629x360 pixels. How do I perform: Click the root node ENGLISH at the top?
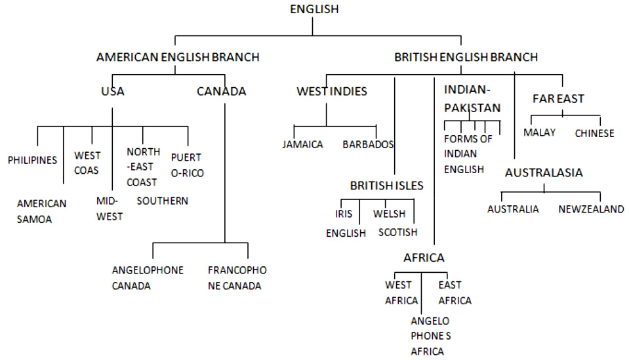click(314, 9)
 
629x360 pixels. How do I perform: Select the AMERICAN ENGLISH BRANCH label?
click(178, 57)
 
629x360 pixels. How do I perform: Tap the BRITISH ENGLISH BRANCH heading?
click(466, 57)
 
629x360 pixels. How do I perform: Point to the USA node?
click(113, 91)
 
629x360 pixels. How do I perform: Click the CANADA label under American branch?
click(221, 91)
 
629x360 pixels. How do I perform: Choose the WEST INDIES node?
click(332, 91)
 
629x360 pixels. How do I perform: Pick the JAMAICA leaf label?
click(303, 144)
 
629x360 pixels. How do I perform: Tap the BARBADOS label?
click(367, 144)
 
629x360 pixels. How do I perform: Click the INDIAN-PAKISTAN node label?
click(472, 98)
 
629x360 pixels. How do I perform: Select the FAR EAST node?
click(558, 99)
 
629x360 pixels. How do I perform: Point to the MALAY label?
click(539, 132)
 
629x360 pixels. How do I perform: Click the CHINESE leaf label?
click(594, 133)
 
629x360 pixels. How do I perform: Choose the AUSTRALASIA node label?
click(544, 173)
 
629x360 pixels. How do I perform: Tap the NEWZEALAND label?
click(591, 209)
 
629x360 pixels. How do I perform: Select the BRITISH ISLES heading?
click(386, 186)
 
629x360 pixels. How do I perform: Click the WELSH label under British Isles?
click(390, 214)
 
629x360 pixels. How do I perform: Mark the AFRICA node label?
click(424, 258)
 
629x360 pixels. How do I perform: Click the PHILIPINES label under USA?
click(33, 160)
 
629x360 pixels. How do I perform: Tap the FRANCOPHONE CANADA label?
click(237, 278)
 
